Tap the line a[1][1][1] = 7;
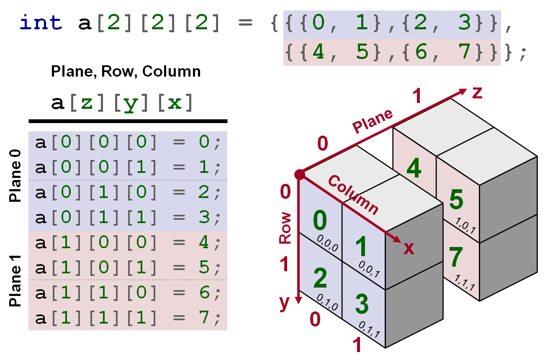pyautogui.click(x=128, y=318)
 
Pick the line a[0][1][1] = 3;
pyautogui.click(x=128, y=218)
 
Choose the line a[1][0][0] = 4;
pyautogui.click(x=128, y=243)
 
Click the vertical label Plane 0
pyautogui.click(x=15, y=180)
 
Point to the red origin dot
pyautogui.click(x=299, y=175)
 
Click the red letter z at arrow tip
pyautogui.click(x=477, y=93)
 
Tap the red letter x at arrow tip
pyautogui.click(x=409, y=249)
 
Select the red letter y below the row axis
pyautogui.click(x=285, y=302)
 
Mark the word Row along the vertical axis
pyautogui.click(x=285, y=228)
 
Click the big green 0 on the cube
pyautogui.click(x=320, y=221)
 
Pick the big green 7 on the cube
pyautogui.click(x=456, y=257)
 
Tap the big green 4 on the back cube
pyautogui.click(x=413, y=169)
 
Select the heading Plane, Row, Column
pyautogui.click(x=126, y=72)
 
